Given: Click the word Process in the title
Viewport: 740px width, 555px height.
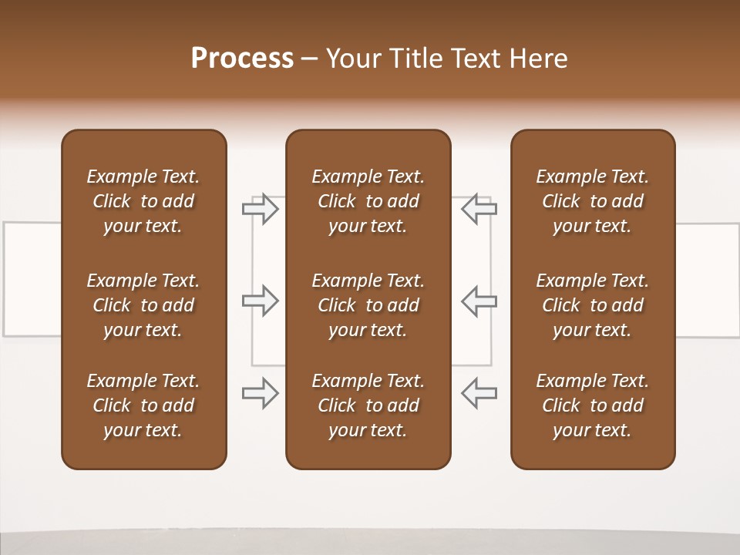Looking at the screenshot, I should pos(242,59).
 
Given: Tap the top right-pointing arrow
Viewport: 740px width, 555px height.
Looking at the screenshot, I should pos(261,209).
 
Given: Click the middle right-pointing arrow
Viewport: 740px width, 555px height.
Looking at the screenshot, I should pos(261,301).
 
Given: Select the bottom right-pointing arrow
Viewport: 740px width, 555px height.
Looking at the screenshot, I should pos(261,392).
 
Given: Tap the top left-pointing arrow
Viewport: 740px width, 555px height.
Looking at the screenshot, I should pos(479,209).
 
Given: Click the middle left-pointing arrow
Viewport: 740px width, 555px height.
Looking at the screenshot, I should pos(479,301).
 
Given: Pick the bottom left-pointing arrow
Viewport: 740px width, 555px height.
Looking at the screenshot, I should pos(479,392).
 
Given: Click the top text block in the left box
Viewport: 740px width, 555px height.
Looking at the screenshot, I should pos(143,201).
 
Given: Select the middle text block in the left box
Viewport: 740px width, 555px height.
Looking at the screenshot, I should pos(143,305).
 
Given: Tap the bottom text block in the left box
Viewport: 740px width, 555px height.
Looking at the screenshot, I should pos(143,405).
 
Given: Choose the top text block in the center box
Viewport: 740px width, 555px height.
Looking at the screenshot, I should pos(368,201).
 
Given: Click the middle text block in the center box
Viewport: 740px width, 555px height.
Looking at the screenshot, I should pos(368,305).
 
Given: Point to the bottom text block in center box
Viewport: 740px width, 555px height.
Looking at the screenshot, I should pos(368,405).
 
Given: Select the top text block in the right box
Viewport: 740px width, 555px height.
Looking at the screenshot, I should pos(592,201).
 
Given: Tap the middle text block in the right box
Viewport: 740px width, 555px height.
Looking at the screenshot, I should pos(592,305).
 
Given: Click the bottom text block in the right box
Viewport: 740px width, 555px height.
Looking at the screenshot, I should pos(592,405).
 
